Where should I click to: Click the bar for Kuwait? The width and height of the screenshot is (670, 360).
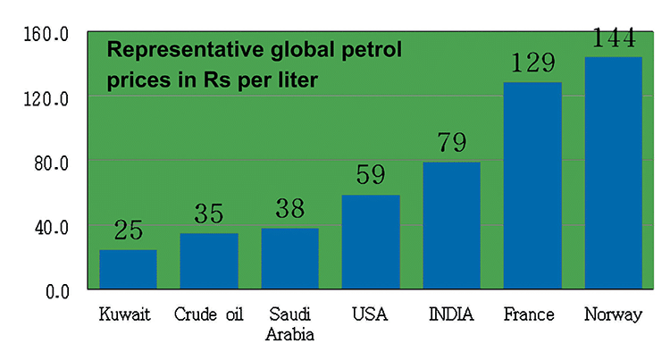coord(128,269)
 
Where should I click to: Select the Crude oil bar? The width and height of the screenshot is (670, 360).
coord(209,261)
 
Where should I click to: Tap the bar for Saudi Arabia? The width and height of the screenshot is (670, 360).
coord(289,258)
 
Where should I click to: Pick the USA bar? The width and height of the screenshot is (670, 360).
coord(371,241)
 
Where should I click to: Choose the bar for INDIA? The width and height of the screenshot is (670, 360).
coord(451,225)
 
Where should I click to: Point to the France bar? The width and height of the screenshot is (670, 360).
coord(532,185)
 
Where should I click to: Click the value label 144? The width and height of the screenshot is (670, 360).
coord(613,38)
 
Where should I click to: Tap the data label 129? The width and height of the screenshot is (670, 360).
coord(532,64)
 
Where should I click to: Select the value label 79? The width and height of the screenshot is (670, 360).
coord(451,144)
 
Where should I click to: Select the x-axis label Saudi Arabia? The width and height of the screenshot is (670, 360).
coord(289,324)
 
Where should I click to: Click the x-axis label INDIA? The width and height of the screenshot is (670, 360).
coord(451,314)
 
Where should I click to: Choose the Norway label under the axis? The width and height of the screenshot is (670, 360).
coord(613,314)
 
